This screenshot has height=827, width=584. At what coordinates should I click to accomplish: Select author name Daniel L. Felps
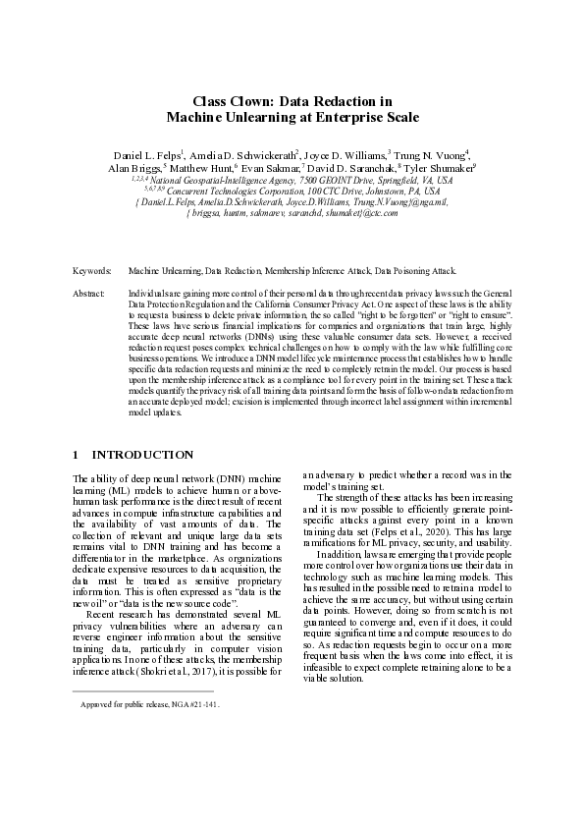pyautogui.click(x=145, y=154)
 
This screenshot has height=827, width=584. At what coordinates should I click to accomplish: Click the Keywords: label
pyautogui.click(x=92, y=268)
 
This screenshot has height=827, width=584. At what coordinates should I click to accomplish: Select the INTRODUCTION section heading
pyautogui.click(x=142, y=455)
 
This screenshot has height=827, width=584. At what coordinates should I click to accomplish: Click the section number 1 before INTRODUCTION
pyautogui.click(x=78, y=455)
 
